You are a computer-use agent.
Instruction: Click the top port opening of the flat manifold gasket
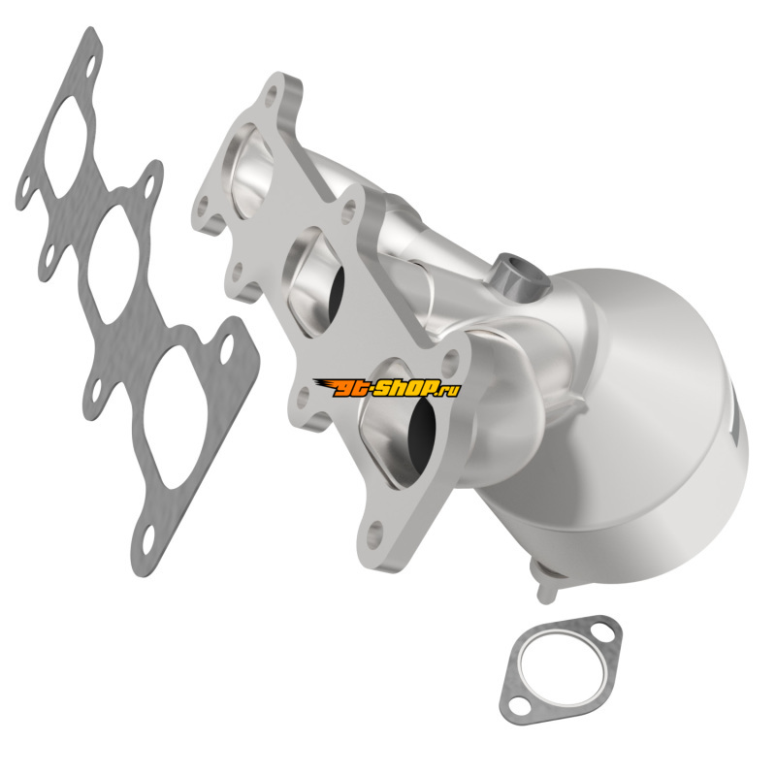69,147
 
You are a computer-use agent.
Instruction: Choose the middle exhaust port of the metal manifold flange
314,282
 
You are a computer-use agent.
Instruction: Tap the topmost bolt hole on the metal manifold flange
271,96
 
